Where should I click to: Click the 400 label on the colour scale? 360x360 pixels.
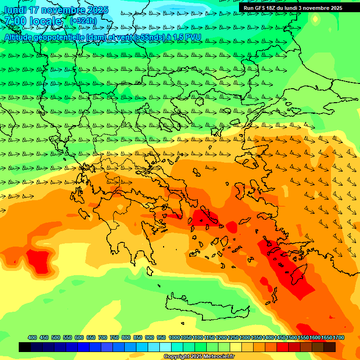[x=32, y=337]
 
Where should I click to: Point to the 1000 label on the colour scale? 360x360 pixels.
[x=174, y=337]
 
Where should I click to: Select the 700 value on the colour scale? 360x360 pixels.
[x=103, y=337]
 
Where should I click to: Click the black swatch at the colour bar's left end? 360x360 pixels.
[x=25, y=347]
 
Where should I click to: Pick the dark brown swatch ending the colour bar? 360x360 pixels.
[x=330, y=347]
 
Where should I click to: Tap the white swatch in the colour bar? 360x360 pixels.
[x=165, y=347]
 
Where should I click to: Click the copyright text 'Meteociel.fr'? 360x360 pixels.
[x=218, y=357]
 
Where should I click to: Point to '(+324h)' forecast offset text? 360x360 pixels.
[x=83, y=21]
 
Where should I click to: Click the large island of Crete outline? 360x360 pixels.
[x=206, y=305]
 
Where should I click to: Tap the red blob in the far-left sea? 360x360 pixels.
[x=38, y=260]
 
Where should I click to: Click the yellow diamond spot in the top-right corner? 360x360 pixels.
[x=315, y=19]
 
